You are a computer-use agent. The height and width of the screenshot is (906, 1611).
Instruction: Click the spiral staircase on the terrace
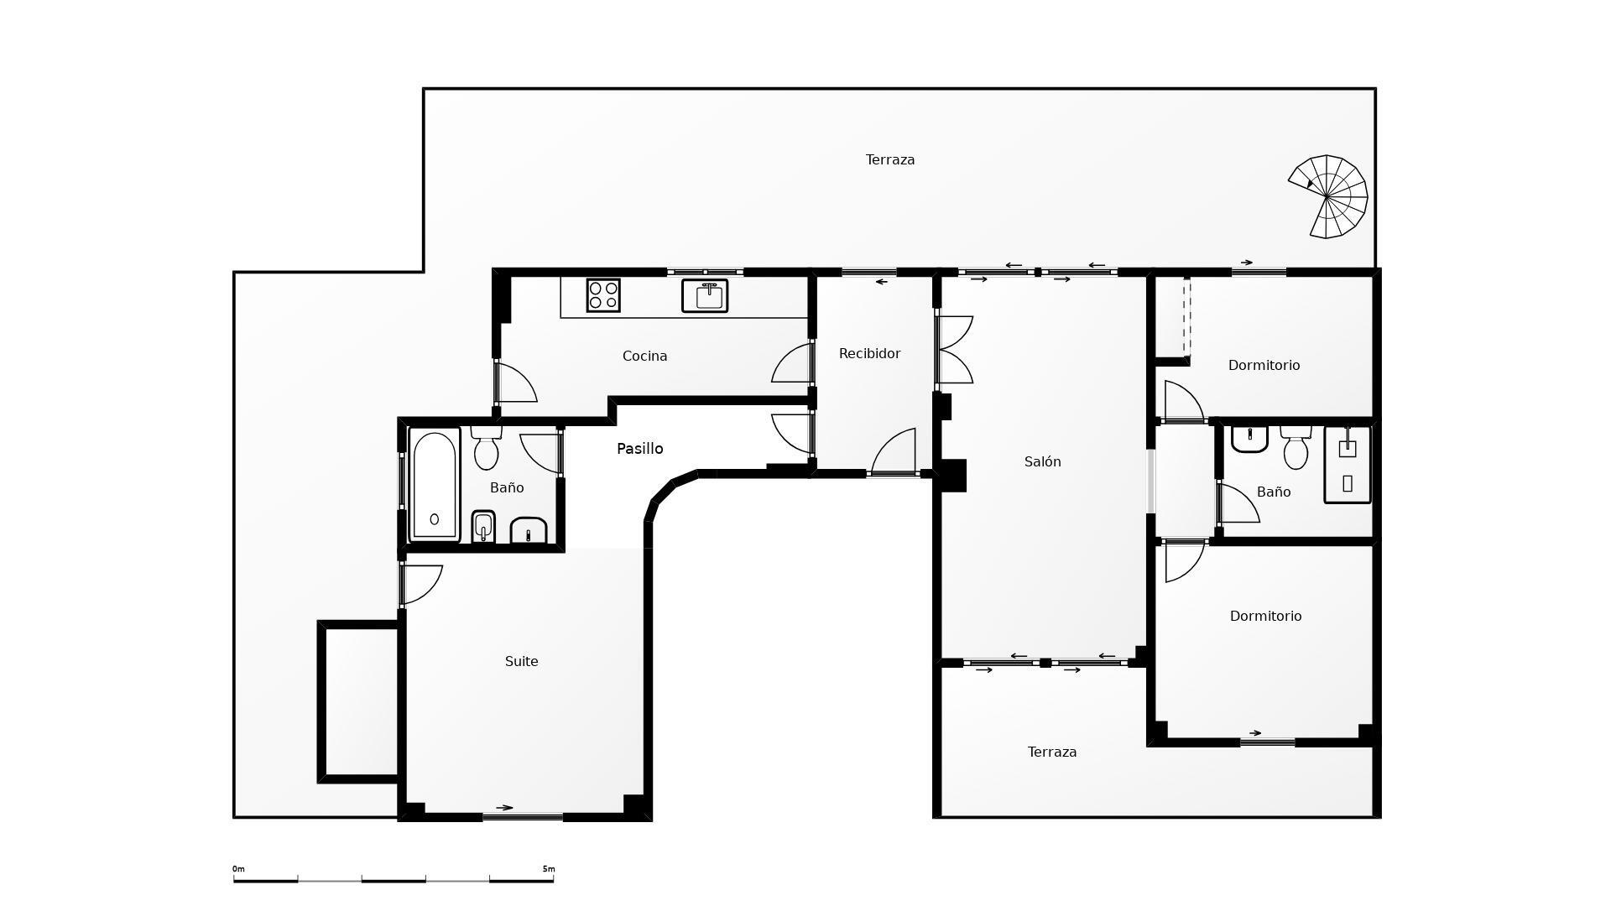tap(1328, 196)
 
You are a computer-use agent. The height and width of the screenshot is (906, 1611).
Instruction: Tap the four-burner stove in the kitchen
tap(603, 295)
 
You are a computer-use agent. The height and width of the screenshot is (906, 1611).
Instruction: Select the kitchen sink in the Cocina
tap(705, 296)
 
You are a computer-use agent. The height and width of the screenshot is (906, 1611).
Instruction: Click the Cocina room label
tap(645, 357)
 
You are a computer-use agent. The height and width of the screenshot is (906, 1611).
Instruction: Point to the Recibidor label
tap(870, 354)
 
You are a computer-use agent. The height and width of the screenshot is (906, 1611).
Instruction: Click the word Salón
tap(1043, 461)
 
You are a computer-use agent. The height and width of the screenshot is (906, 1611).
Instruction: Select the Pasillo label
tap(640, 449)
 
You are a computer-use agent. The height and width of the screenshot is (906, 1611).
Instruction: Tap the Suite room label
tap(522, 662)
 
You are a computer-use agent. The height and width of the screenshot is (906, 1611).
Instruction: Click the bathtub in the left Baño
tap(435, 485)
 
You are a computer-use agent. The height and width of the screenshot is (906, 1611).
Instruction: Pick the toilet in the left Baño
tap(486, 448)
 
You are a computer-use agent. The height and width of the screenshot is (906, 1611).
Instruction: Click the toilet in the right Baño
tap(1296, 448)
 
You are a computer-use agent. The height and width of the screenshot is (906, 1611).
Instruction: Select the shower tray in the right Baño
tap(1348, 465)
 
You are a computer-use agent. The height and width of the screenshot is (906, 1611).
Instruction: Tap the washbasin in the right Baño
tap(1249, 439)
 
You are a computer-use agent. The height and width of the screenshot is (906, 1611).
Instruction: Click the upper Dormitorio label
tap(1264, 366)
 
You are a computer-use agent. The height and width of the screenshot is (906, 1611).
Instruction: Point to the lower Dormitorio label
tap(1266, 617)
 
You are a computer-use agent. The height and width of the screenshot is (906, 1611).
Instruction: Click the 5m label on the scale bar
tap(548, 869)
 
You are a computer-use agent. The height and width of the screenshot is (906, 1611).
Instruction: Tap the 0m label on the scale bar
tap(239, 869)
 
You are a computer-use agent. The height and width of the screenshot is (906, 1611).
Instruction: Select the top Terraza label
tap(890, 160)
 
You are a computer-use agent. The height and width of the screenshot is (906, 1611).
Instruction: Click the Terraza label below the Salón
tap(1052, 752)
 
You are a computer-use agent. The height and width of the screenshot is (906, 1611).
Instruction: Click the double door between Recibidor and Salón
tap(954, 350)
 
